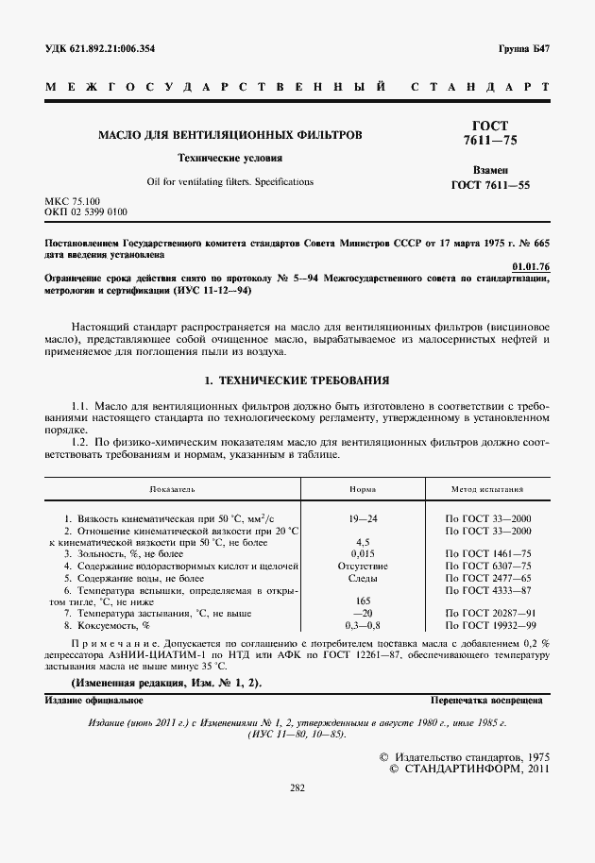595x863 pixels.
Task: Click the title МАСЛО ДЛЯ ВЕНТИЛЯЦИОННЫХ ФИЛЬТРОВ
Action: pyautogui.click(x=230, y=135)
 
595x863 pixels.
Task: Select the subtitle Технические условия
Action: pyautogui.click(x=230, y=158)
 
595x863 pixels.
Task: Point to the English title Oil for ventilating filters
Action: pyautogui.click(x=230, y=181)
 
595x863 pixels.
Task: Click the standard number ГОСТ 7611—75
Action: pyautogui.click(x=490, y=133)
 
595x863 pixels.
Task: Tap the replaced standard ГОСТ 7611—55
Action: pyautogui.click(x=491, y=185)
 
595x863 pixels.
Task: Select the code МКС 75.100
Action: pyautogui.click(x=72, y=202)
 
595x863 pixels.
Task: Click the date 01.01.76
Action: pyautogui.click(x=529, y=267)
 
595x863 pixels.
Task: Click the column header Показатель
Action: pyautogui.click(x=172, y=491)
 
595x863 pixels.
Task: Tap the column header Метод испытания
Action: pyautogui.click(x=487, y=491)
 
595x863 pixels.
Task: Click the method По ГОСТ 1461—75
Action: pyautogui.click(x=487, y=553)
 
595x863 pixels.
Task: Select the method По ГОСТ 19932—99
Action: pyautogui.click(x=487, y=624)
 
